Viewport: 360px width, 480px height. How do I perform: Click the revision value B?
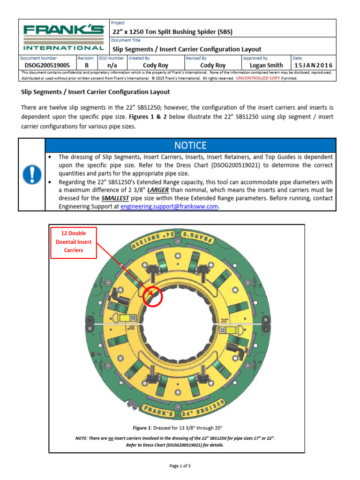[86, 66]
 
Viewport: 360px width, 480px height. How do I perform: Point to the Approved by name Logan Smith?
[267, 66]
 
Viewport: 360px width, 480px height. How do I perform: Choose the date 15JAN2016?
[313, 66]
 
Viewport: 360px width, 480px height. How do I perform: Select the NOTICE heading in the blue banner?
[190, 145]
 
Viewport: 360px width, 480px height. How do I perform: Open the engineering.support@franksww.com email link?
[169, 206]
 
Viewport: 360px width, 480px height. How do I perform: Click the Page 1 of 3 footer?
[180, 466]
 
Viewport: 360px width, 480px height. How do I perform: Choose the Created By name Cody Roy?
[155, 66]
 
